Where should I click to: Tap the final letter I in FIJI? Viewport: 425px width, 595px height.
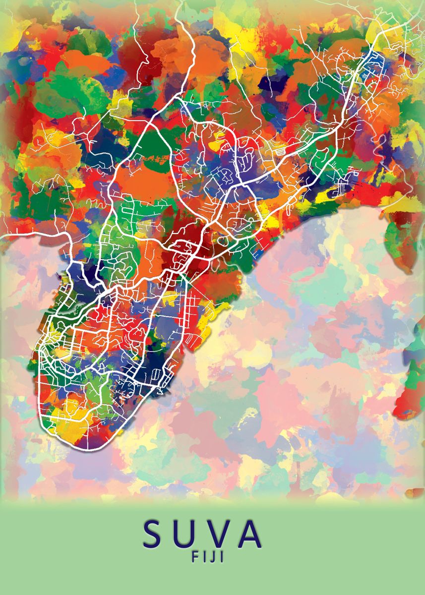pos(222,557)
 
